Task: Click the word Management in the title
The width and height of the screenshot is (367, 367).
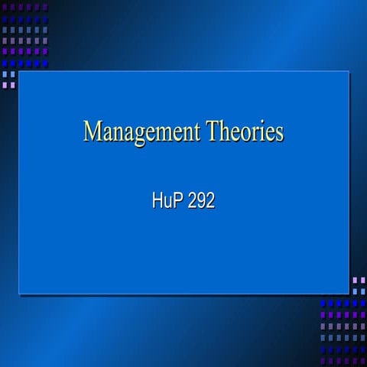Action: pyautogui.click(x=141, y=132)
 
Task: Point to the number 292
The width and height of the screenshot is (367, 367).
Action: pyautogui.click(x=200, y=203)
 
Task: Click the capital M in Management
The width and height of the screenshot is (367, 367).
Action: pyautogui.click(x=93, y=131)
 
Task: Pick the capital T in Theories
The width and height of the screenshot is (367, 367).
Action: pyautogui.click(x=211, y=131)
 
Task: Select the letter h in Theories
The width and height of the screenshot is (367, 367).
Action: pyautogui.click(x=225, y=131)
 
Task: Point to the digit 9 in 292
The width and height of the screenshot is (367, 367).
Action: pyautogui.click(x=200, y=203)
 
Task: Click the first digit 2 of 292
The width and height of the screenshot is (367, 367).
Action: pyautogui.click(x=191, y=203)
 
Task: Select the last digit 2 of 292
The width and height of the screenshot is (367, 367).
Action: pyautogui.click(x=209, y=203)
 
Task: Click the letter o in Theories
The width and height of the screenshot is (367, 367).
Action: pyautogui.click(x=248, y=134)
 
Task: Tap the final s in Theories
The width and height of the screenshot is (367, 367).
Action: pyautogui.click(x=279, y=134)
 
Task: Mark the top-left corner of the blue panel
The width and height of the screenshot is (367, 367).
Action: pyautogui.click(x=19, y=72)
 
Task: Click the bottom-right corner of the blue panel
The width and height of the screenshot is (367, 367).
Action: pyautogui.click(x=349, y=294)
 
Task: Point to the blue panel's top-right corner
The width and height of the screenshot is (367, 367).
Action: pyautogui.click(x=349, y=72)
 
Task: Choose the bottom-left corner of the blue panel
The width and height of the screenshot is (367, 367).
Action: pyautogui.click(x=19, y=294)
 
